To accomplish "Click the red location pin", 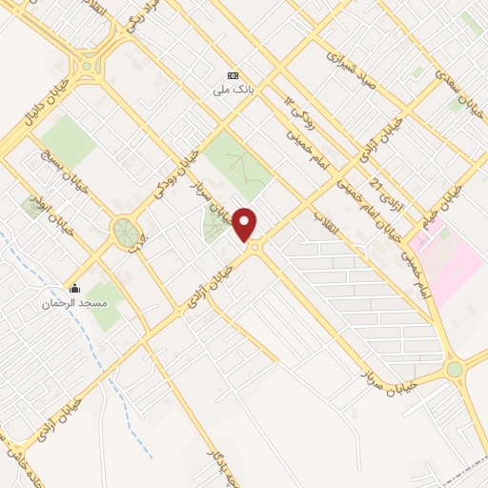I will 245,223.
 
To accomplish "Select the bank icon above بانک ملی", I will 230,76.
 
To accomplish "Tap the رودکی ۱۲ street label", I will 298,112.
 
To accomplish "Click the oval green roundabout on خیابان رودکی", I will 124,231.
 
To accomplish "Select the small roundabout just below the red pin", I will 254,249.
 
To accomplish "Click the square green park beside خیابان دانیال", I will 69,140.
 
